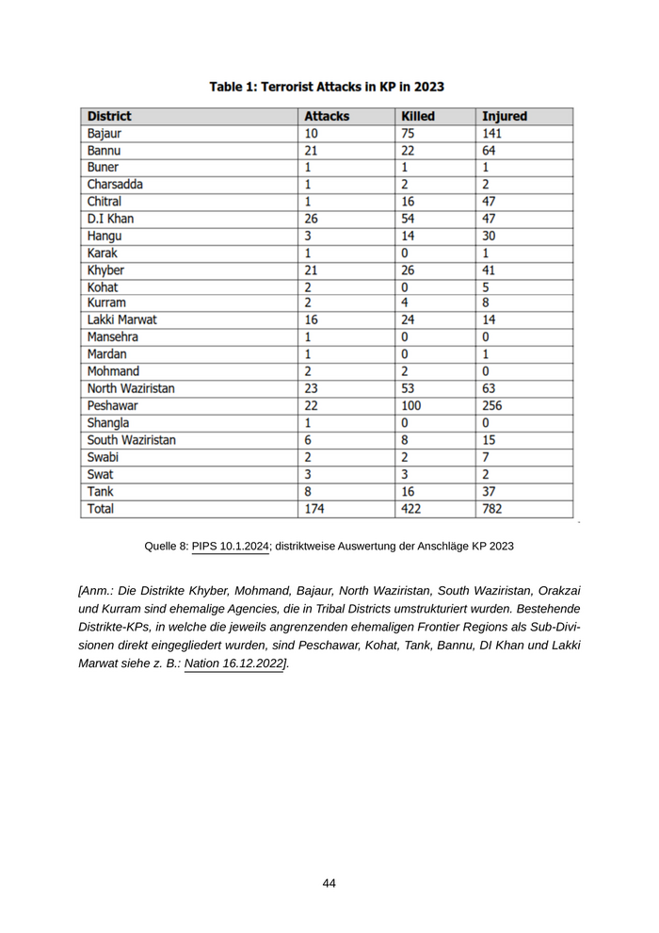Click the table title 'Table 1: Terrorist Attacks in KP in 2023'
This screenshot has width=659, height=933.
pos(327,87)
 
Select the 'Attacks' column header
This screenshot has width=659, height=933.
pos(327,117)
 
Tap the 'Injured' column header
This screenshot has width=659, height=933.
pos(505,117)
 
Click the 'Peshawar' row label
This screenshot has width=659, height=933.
pos(113,405)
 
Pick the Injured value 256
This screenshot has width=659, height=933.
pos(494,405)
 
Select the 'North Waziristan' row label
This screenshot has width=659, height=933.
pos(131,388)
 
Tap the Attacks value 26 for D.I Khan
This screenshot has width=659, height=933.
pos(313,219)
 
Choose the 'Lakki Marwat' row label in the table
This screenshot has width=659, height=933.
pos(122,320)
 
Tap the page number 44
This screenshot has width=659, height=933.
pos(329,883)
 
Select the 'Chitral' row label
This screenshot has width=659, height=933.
pos(104,202)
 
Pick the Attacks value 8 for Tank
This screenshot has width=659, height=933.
pos(308,492)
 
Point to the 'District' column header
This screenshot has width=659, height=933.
pos(109,117)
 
